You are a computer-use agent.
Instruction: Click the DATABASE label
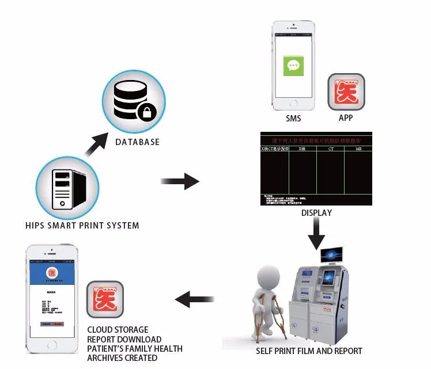[137, 142]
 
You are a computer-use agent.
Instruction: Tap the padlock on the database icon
[146, 113]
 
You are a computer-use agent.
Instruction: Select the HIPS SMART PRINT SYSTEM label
[82, 225]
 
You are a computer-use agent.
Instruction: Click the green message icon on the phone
[294, 65]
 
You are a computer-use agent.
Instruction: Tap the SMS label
[293, 119]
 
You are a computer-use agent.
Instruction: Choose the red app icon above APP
[346, 92]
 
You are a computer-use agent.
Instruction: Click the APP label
[346, 117]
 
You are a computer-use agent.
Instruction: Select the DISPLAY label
[316, 213]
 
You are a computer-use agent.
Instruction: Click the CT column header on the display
[331, 149]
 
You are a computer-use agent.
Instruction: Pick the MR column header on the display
[358, 149]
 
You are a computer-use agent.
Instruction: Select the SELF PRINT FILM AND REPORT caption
[309, 351]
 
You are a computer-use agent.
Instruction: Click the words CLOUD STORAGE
[118, 330]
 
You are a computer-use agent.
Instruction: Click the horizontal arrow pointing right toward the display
[180, 181]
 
